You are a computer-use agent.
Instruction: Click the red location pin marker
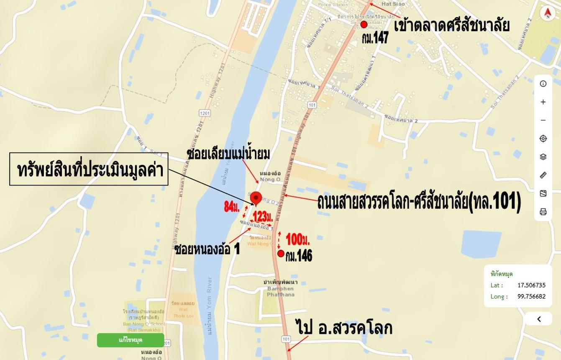click(x=256, y=198)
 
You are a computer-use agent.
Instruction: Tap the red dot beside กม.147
click(x=364, y=24)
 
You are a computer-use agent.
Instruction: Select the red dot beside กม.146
click(x=281, y=253)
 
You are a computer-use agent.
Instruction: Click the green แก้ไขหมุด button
click(x=131, y=340)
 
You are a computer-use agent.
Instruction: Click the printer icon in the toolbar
click(x=543, y=212)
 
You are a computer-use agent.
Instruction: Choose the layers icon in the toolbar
click(x=543, y=157)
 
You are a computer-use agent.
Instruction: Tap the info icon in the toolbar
click(x=543, y=84)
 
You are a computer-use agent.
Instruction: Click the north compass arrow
click(x=547, y=13)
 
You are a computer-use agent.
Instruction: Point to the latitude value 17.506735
click(x=531, y=285)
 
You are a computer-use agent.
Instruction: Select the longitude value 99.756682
click(x=531, y=296)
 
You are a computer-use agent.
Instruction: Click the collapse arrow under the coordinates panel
click(x=539, y=319)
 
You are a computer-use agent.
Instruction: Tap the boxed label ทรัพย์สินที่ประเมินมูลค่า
click(x=89, y=169)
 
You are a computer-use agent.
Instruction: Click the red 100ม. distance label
click(x=297, y=240)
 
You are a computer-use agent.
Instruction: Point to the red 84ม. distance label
click(x=231, y=206)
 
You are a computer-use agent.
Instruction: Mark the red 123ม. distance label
click(x=263, y=217)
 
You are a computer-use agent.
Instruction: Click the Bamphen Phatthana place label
click(x=280, y=288)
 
